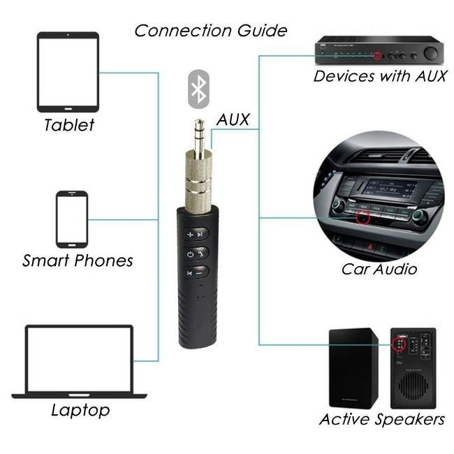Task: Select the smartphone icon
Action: click(72, 219)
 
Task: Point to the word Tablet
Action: click(68, 126)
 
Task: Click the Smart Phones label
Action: click(78, 261)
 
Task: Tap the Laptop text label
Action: click(80, 410)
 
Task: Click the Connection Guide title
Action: click(210, 31)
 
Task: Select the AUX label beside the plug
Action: click(233, 119)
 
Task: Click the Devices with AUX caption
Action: click(380, 76)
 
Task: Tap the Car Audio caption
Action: click(379, 269)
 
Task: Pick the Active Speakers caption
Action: click(381, 419)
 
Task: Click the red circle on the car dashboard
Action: click(362, 218)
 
